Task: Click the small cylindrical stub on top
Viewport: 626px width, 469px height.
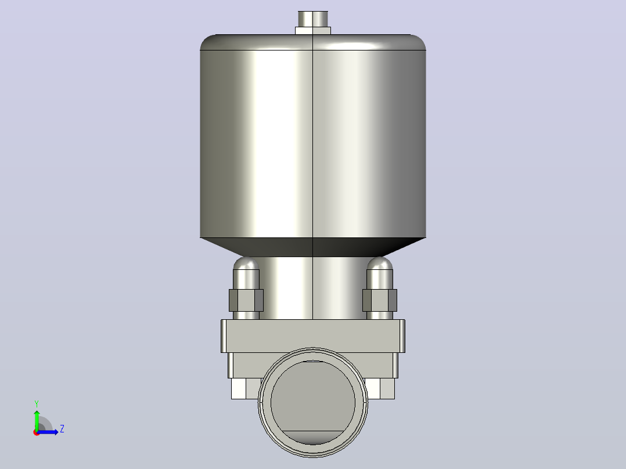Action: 313,19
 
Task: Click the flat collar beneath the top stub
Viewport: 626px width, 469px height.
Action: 313,31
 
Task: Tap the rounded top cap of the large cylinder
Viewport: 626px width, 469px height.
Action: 313,42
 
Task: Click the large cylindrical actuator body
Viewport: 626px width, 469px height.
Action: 313,144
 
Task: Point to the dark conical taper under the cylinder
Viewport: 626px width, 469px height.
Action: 313,247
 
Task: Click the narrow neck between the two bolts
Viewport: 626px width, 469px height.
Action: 313,288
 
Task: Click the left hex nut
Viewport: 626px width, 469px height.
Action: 246,300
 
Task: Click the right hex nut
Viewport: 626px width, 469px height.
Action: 380,300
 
